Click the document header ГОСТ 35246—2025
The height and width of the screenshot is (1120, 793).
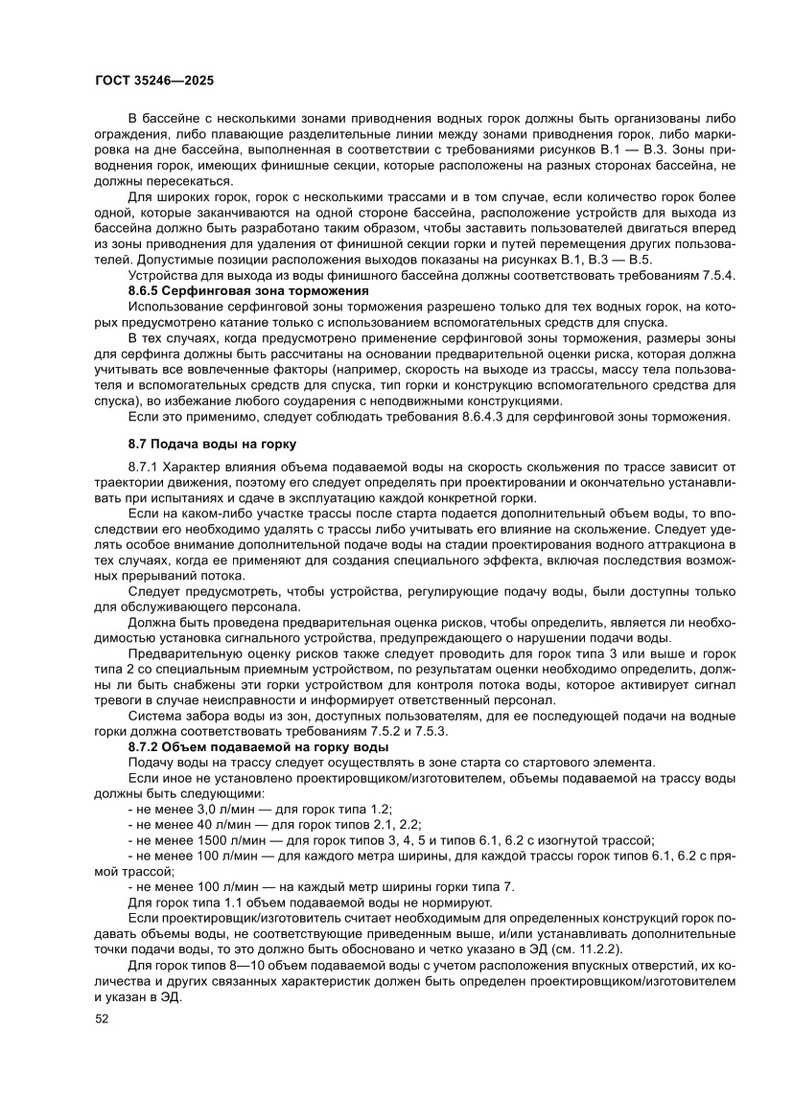[154, 80]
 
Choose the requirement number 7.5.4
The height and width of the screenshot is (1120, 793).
[717, 275]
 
